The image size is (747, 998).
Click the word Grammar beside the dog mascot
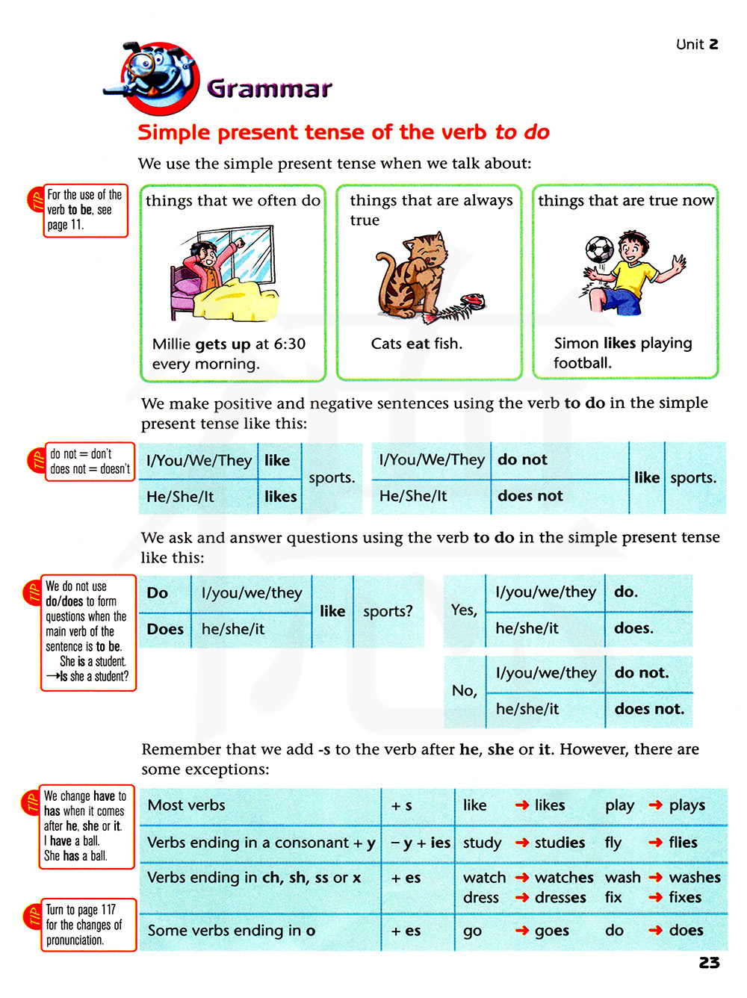pos(269,89)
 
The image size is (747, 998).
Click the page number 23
pos(709,963)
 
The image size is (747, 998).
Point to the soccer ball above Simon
pos(599,249)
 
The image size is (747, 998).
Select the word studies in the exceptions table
pos(560,843)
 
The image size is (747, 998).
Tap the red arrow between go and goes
pos(522,931)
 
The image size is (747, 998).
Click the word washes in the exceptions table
pos(695,877)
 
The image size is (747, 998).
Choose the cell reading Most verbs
pos(187,805)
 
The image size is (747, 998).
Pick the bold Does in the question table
pos(165,629)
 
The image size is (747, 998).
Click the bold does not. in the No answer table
pos(649,709)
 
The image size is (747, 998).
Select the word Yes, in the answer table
pos(464,610)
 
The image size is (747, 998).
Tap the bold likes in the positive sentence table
pos(281,497)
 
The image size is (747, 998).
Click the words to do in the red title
pos(522,132)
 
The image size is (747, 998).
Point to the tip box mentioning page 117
pos(88,925)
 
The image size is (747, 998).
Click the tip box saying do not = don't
pos(90,462)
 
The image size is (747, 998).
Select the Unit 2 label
pos(697,44)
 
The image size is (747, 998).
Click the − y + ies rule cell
pos(421,843)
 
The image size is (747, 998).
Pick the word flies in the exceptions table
pos(683,843)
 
